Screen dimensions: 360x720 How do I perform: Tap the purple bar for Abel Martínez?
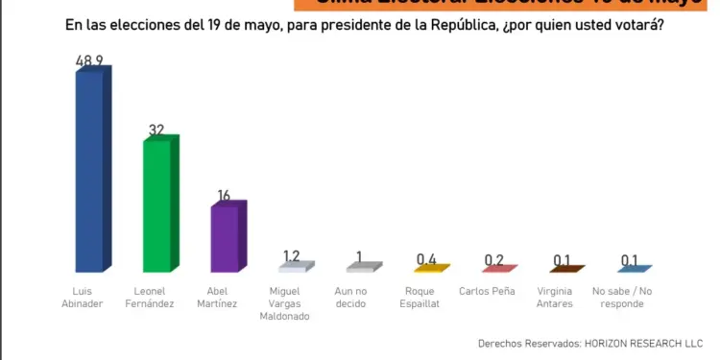pos(228,238)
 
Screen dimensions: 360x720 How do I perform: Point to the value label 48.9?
pos(93,61)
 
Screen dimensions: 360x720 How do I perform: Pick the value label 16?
pos(224,196)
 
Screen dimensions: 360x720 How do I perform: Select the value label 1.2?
pos(292,256)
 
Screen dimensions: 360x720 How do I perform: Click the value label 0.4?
pos(427,259)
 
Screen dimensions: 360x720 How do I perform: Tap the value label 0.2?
pos(495,260)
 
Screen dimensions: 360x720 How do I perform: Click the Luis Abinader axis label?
pos(89,297)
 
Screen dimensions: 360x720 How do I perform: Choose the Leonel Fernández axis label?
pos(156,297)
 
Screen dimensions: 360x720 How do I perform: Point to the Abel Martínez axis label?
pos(224,297)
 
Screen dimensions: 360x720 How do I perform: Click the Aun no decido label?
pos(359,297)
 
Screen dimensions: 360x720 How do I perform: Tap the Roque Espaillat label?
pos(426,297)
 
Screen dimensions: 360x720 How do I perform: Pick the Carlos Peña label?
pos(494,290)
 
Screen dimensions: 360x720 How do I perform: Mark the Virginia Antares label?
pos(562,297)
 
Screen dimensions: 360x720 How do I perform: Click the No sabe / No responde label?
pos(629,297)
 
